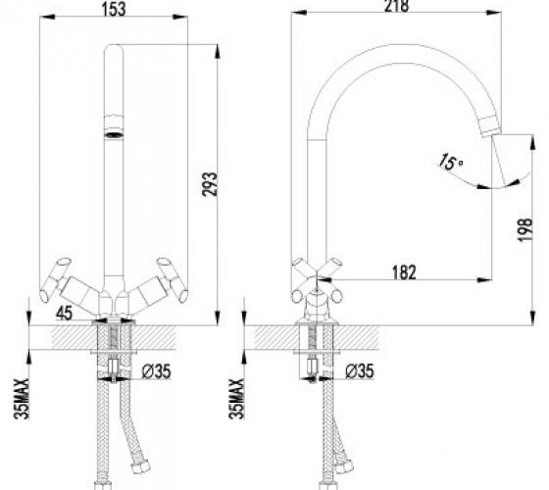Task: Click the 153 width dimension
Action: [x=114, y=9]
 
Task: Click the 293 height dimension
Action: [x=210, y=184]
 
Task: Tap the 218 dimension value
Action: [x=396, y=6]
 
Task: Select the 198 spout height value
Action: [x=524, y=229]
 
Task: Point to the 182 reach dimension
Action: [x=404, y=272]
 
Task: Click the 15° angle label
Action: [x=451, y=162]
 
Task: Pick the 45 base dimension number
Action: [x=64, y=313]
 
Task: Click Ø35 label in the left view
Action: [x=157, y=371]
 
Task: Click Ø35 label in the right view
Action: [x=360, y=371]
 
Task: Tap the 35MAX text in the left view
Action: [x=22, y=399]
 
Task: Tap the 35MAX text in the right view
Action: [x=236, y=399]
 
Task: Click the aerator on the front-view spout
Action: [x=114, y=134]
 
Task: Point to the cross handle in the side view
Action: [x=317, y=280]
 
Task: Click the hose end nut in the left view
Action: [x=140, y=465]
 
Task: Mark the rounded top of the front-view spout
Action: [x=114, y=48]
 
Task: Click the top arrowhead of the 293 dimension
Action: [x=217, y=51]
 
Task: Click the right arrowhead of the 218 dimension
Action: [x=494, y=13]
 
